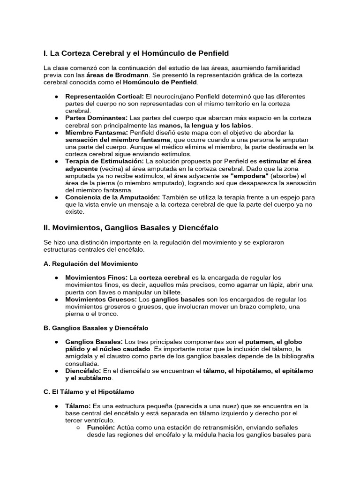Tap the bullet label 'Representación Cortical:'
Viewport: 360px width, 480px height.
point(105,96)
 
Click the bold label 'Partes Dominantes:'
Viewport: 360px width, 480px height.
point(96,118)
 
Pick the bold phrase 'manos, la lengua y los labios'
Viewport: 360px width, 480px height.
point(205,126)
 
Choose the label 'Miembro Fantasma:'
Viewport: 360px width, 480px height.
point(97,133)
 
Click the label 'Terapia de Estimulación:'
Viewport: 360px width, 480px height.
point(105,161)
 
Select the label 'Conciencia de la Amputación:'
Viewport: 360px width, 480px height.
point(112,197)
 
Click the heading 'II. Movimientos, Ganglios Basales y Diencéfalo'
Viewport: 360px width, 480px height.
point(131,228)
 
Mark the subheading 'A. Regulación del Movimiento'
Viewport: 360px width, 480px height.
point(90,264)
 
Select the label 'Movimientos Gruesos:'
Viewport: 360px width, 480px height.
point(101,300)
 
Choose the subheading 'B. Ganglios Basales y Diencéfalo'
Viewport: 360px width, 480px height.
point(96,328)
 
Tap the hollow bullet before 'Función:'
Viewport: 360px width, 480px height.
point(77,427)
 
